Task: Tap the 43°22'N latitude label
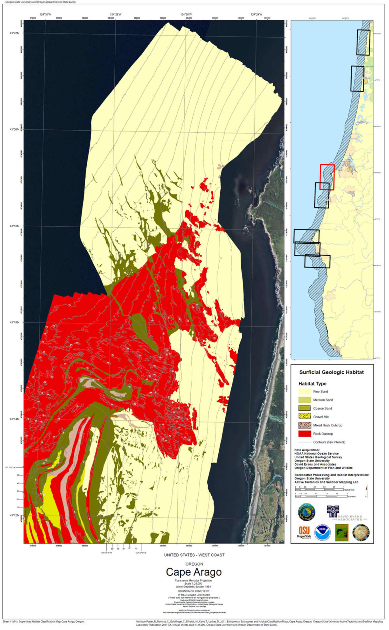(x=15, y=33)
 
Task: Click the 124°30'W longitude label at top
(x=45, y=15)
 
